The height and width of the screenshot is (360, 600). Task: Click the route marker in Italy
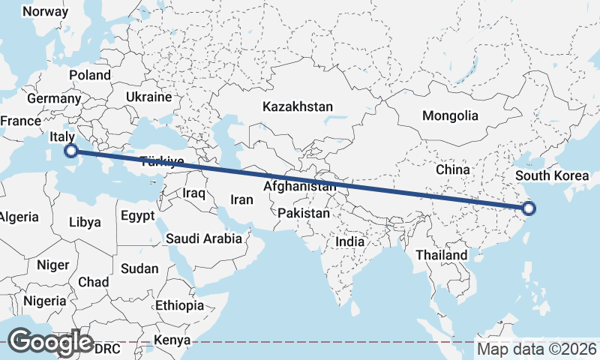(70, 151)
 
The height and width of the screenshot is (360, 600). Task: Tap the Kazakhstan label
(297, 107)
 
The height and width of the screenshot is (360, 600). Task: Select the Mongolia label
(450, 115)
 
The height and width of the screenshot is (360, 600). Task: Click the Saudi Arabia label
(204, 239)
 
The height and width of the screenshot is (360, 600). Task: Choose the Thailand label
(442, 255)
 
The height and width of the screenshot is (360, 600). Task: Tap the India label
(349, 242)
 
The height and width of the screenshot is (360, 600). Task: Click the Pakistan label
(304, 214)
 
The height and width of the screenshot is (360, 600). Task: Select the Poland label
(90, 75)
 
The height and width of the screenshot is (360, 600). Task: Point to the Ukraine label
(148, 97)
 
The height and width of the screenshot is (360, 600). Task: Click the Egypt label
(137, 216)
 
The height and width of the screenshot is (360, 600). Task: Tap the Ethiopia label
(179, 305)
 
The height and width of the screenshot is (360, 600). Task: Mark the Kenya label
(172, 340)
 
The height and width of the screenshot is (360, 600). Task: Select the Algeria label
(18, 217)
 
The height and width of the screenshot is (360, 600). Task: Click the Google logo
(51, 341)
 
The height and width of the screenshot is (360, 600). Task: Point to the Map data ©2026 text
(537, 349)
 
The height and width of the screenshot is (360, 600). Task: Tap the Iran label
(241, 199)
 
